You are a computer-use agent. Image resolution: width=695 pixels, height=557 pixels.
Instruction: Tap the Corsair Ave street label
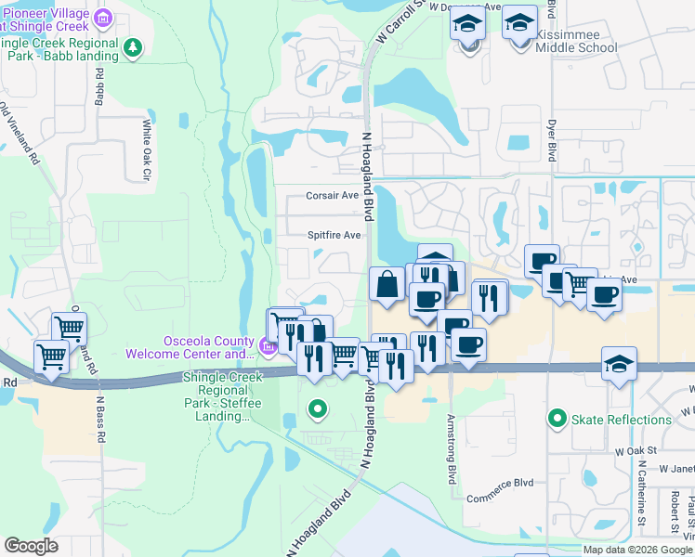point(333,196)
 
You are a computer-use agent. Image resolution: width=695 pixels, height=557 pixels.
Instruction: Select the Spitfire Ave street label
point(334,236)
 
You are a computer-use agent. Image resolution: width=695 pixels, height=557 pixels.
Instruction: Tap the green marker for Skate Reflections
point(557,420)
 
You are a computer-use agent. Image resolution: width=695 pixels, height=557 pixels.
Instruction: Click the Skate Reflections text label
point(613,421)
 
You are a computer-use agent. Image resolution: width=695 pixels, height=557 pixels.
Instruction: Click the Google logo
point(32,545)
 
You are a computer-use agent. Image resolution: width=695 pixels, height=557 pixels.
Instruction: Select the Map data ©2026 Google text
point(637,550)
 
